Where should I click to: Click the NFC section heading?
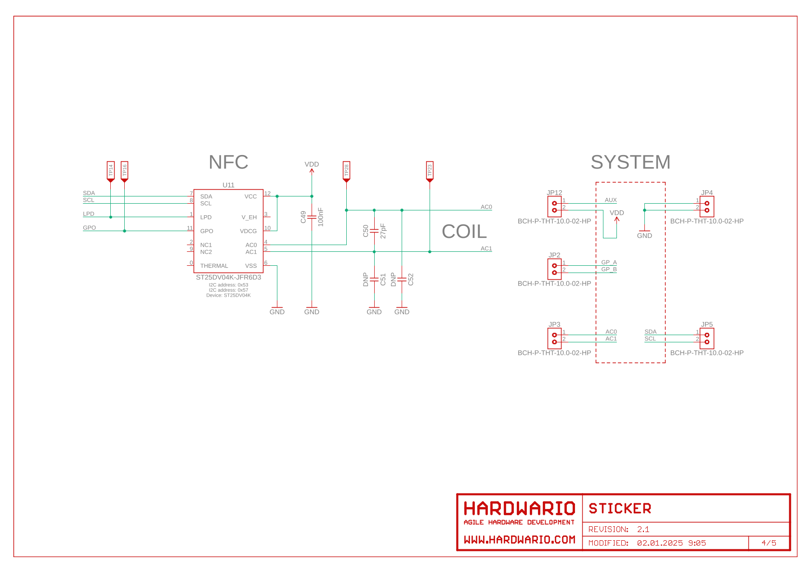[x=228, y=162]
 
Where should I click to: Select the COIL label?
[x=464, y=232]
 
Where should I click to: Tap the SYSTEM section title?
[x=630, y=162]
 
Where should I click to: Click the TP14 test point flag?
[x=111, y=170]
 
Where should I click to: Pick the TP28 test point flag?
[x=346, y=170]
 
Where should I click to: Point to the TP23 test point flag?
[x=430, y=170]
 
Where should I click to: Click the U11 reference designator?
[x=228, y=185]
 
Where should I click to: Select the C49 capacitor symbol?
[x=312, y=217]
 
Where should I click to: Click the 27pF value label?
[x=383, y=231]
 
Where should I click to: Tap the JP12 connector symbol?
[x=554, y=207]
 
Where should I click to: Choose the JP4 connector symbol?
[x=706, y=207]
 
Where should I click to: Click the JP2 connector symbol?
[x=554, y=269]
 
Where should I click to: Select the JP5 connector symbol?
[x=706, y=339]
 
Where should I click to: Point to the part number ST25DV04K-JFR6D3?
[x=228, y=277]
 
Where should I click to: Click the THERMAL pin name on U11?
[x=214, y=266]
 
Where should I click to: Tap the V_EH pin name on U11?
[x=249, y=217]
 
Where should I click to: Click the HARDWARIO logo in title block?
[x=519, y=509]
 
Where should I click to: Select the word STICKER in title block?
[x=620, y=508]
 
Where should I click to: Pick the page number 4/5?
[x=769, y=543]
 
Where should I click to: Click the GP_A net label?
[x=609, y=262]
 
